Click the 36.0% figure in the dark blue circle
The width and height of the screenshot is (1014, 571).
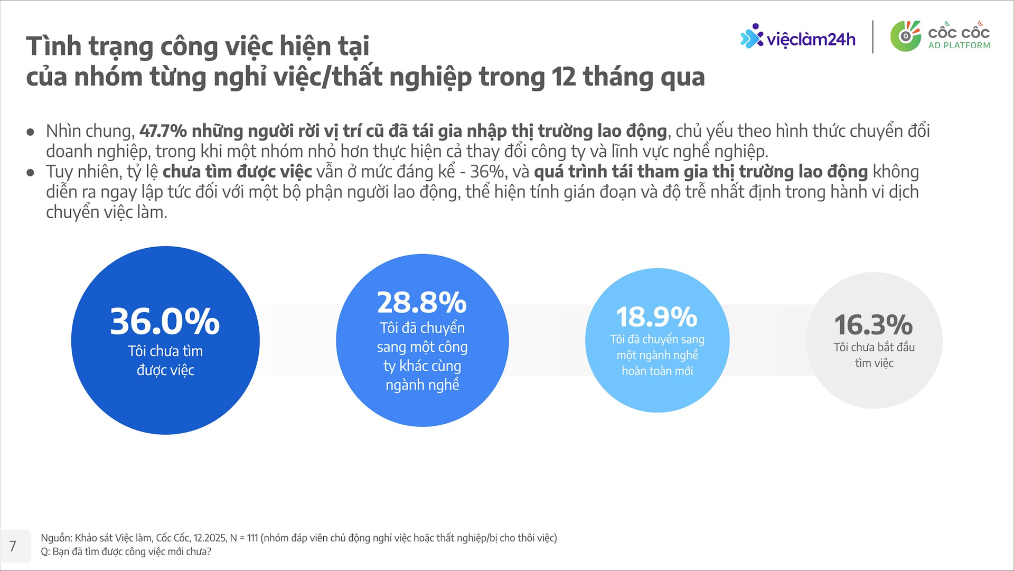point(165,321)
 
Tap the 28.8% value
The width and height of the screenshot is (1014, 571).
point(422,303)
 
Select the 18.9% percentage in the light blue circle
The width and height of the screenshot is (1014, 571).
point(657,317)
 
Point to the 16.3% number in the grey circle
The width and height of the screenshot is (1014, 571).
point(874,325)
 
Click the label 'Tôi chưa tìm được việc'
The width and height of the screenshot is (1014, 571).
point(165,361)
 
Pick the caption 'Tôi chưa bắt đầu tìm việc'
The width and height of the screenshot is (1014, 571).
point(874,355)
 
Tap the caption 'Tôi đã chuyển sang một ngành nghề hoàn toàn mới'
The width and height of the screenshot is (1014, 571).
point(657,355)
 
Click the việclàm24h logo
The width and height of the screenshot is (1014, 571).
point(797,38)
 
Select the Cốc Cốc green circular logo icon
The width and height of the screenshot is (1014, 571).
point(905,36)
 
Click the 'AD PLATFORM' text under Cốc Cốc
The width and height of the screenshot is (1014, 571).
point(959,45)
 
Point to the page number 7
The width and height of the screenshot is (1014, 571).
point(13,546)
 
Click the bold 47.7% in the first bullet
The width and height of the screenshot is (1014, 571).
point(163,131)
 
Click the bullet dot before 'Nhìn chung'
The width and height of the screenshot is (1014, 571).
point(31,132)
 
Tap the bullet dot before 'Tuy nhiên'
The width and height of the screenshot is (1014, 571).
point(31,173)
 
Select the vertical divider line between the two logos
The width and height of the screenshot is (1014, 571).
point(873,37)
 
